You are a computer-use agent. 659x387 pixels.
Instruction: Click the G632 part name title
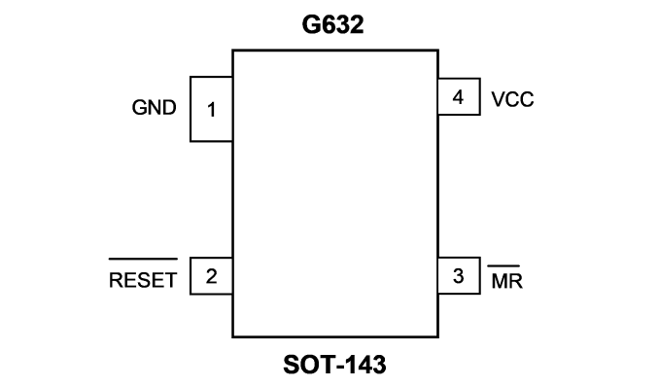(332, 25)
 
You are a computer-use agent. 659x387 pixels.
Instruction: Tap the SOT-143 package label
(334, 365)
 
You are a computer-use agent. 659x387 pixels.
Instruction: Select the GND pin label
(155, 108)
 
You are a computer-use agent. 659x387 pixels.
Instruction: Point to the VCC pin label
(512, 100)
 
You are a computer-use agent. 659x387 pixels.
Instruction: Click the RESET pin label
(143, 280)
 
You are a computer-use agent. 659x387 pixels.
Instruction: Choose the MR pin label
(506, 281)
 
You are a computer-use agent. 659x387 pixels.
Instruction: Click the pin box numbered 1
(211, 109)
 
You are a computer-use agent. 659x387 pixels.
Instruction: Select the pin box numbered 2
(211, 276)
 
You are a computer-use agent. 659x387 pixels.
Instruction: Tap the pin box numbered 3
(459, 275)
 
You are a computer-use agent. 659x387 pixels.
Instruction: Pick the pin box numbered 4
(459, 96)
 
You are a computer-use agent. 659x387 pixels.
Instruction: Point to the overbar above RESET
(143, 259)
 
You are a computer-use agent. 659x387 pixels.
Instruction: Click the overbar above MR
(503, 265)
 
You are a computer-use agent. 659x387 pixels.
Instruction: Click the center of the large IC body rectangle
(335, 193)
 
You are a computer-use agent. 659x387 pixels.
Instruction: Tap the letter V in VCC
(498, 100)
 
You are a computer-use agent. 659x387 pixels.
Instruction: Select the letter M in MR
(500, 281)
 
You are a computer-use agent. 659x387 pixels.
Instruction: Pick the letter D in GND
(170, 108)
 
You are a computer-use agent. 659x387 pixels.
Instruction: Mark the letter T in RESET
(171, 280)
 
